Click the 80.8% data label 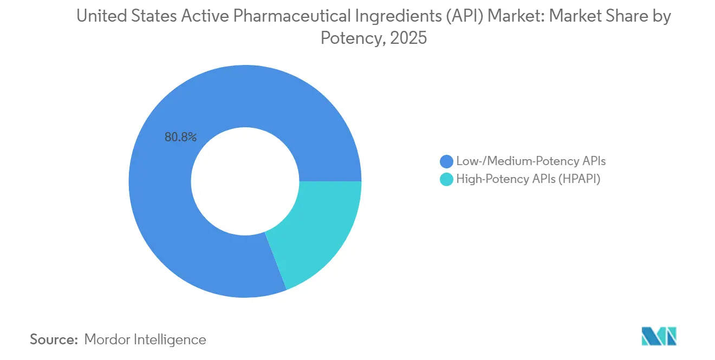click(180, 138)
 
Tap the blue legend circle click(447, 161)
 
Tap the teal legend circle click(447, 180)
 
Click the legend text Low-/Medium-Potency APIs click(530, 161)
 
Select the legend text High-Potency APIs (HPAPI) click(529, 180)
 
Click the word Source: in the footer click(54, 340)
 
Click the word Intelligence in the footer click(173, 340)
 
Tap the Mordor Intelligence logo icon click(659, 336)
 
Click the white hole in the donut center click(245, 181)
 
